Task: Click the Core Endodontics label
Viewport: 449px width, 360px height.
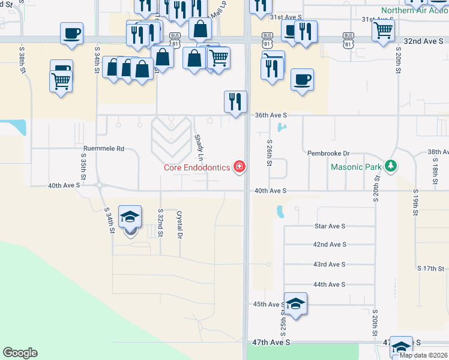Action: pyautogui.click(x=197, y=167)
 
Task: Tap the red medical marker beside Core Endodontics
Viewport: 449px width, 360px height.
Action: pyautogui.click(x=240, y=166)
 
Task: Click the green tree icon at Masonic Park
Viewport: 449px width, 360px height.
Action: pyautogui.click(x=391, y=165)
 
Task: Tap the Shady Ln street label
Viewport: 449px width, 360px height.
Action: pyautogui.click(x=199, y=147)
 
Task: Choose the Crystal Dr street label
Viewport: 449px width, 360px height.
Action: pyautogui.click(x=179, y=225)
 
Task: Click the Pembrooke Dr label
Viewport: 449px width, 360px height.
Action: pyautogui.click(x=328, y=153)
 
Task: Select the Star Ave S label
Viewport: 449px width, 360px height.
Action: pyautogui.click(x=330, y=226)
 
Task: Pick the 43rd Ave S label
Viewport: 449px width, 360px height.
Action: pyautogui.click(x=330, y=265)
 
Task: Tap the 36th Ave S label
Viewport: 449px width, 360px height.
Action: pyautogui.click(x=271, y=115)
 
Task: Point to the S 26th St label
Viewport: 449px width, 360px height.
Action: pyautogui.click(x=270, y=153)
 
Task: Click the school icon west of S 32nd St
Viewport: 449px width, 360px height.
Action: pyautogui.click(x=130, y=217)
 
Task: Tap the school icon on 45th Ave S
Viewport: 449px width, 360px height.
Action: pyautogui.click(x=295, y=304)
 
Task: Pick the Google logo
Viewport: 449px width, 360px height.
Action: pyautogui.click(x=20, y=353)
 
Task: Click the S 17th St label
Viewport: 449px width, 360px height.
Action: pyautogui.click(x=430, y=268)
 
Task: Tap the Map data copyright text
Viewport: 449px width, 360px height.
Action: pyautogui.click(x=423, y=355)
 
